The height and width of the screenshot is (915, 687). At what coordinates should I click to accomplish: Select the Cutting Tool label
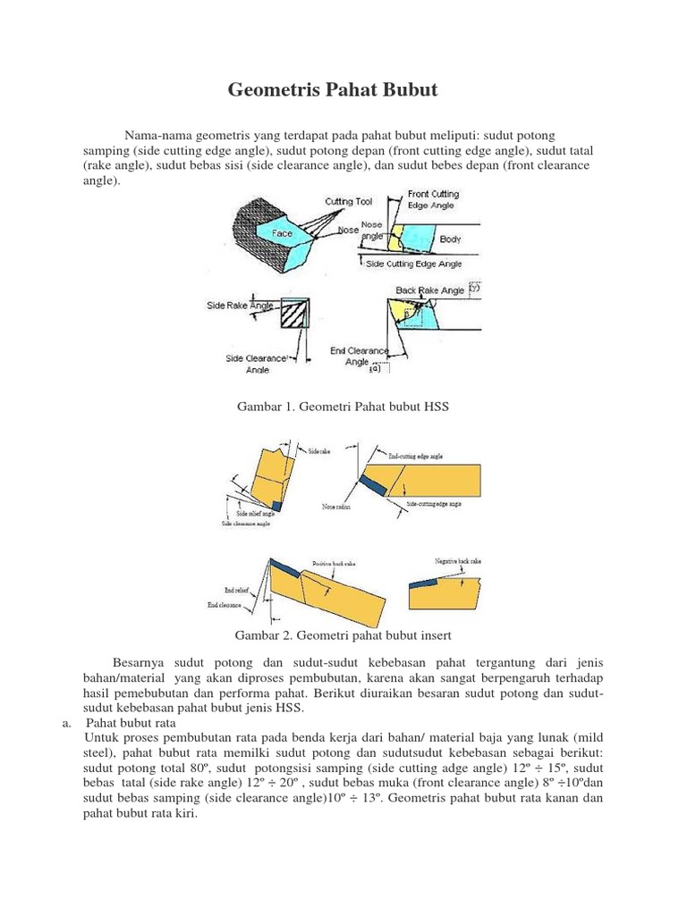click(x=349, y=202)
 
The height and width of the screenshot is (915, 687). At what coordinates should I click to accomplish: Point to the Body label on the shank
click(x=450, y=239)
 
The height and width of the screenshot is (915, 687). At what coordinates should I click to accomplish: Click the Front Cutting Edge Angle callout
click(x=433, y=198)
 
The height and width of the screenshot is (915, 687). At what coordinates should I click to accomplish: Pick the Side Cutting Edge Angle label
click(x=414, y=264)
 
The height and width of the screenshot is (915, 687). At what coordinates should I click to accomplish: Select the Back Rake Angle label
click(x=430, y=290)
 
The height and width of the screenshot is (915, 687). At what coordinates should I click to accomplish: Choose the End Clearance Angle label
click(x=357, y=357)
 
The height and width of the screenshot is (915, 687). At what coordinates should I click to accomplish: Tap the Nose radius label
click(x=336, y=506)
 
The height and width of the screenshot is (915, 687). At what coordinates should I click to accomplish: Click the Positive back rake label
click(x=335, y=564)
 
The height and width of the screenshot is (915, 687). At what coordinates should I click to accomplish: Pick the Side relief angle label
click(x=255, y=514)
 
